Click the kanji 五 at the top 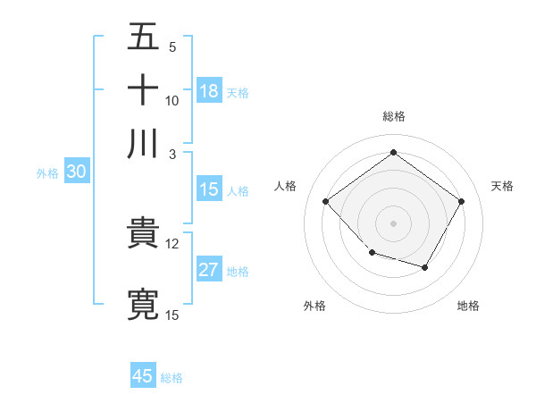pos(144,38)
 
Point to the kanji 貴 pos(144,234)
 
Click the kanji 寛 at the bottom pos(144,304)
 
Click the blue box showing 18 pos(209,91)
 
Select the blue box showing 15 pos(209,189)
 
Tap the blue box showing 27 pos(209,270)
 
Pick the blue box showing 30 pos(76,172)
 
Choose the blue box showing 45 pos(143,376)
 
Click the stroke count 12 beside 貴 pos(172,243)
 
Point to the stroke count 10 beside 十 pos(172,100)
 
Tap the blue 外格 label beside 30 pos(47,173)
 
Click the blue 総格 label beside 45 pos(172,378)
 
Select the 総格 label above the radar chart pos(393,116)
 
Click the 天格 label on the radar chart pos(502,186)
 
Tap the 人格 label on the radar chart pos(285,186)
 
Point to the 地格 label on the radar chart pos(468,306)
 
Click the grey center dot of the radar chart pos(393,223)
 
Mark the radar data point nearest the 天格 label pos(461,201)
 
